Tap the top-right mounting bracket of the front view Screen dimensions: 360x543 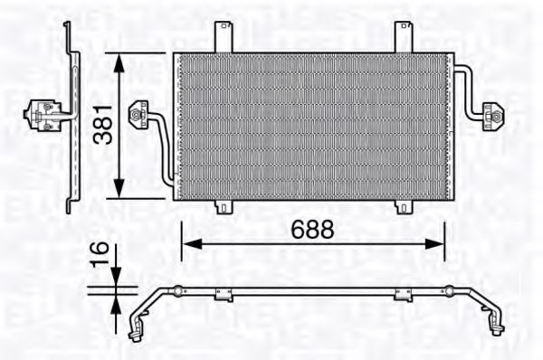(403, 36)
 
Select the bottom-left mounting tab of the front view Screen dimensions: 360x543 (224, 207)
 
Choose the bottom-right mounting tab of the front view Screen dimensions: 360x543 (403, 207)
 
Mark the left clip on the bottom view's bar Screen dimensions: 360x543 (224, 292)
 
